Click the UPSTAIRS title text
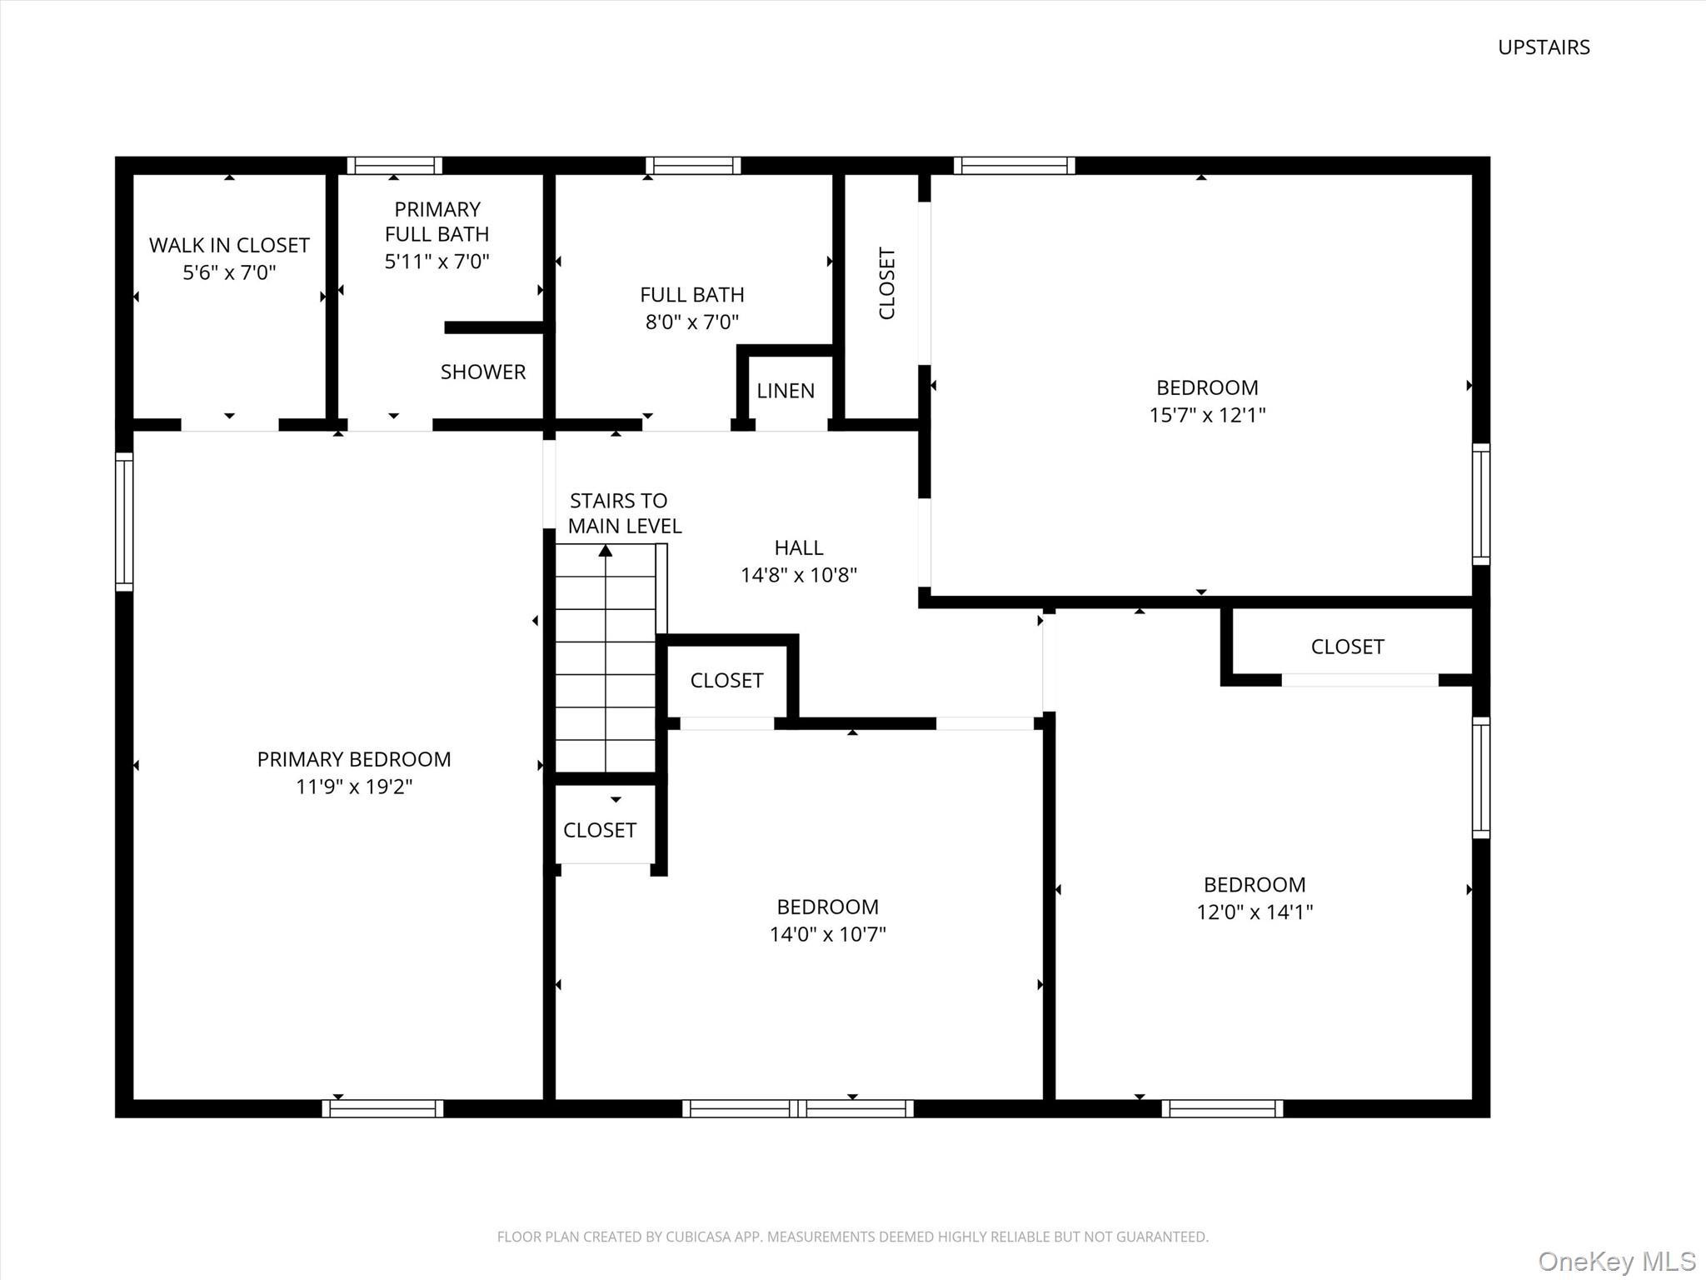(1544, 47)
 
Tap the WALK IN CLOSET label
(229, 245)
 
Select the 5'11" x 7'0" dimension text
(436, 262)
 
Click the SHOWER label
(483, 372)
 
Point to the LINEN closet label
(786, 391)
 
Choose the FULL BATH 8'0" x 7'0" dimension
(692, 322)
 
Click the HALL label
(798, 547)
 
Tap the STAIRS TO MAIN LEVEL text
(623, 513)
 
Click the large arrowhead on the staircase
(606, 550)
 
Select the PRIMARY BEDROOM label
(354, 759)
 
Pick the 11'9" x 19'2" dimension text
(354, 787)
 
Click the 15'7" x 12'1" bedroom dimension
(1207, 415)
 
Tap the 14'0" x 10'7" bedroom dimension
(827, 934)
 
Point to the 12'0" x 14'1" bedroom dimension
(1255, 912)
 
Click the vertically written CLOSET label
(886, 283)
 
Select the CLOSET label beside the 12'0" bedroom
(1347, 647)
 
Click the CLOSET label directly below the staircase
(599, 830)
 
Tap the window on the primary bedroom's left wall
(124, 521)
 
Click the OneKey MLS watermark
(1616, 1261)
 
